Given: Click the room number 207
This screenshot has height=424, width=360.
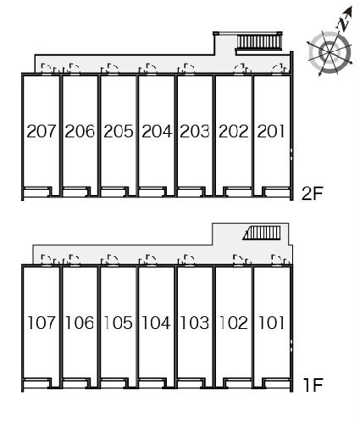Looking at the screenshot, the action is tap(42, 131).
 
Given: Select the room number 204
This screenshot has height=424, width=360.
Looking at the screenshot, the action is tap(157, 131).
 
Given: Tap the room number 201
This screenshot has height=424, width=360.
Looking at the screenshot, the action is tap(271, 131).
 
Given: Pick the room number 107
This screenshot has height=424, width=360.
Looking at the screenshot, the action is tap(42, 323).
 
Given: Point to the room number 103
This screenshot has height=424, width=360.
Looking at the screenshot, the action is tap(194, 323).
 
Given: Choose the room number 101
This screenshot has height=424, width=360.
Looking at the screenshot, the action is tap(271, 323).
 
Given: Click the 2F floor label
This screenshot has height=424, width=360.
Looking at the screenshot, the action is tap(312, 193).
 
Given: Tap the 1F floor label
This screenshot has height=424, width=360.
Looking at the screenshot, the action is tap(313, 385).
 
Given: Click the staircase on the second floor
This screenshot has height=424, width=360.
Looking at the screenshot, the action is tap(259, 42).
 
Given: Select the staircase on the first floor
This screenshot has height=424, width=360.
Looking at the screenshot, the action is tap(262, 232).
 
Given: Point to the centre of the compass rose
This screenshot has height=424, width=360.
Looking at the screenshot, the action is tap(330, 53).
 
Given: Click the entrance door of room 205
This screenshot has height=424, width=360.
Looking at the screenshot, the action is tap(113, 70).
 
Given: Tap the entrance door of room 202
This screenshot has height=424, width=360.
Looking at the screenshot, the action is tap(239, 70).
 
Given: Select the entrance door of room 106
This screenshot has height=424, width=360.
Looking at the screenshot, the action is tap(75, 260).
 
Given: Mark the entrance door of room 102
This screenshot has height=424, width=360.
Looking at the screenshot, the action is tap(239, 260).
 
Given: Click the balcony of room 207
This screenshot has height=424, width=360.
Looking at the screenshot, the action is tap(36, 192).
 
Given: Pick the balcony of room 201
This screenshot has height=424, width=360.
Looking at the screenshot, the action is tap(277, 192).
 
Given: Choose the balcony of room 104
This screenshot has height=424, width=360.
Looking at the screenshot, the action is tap(152, 383).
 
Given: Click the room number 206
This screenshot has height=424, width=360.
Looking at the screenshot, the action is tap(80, 131).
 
